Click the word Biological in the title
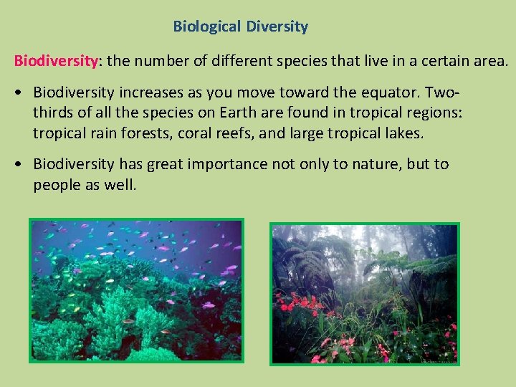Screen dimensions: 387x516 pyautogui.click(x=206, y=27)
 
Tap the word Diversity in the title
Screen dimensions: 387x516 pyautogui.click(x=277, y=27)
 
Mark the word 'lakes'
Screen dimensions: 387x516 pyautogui.click(x=404, y=133)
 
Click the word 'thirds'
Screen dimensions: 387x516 pyautogui.click(x=52, y=113)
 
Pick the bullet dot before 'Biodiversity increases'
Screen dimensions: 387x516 pyautogui.click(x=23, y=93)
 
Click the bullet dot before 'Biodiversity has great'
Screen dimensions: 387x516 pyautogui.click(x=23, y=164)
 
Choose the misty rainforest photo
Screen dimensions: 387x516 pyautogui.click(x=364, y=293)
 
